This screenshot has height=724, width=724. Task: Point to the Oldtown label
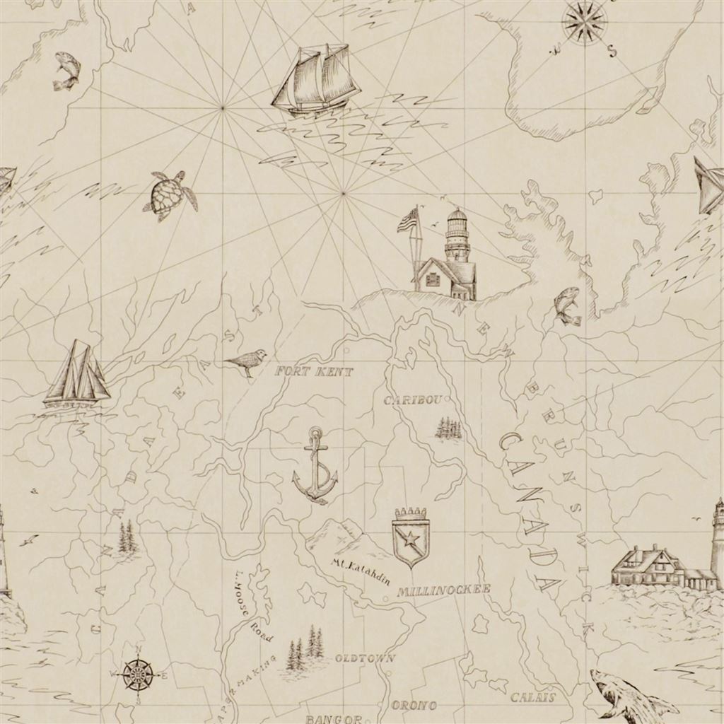[x=364, y=658]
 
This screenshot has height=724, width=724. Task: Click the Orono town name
[x=414, y=705]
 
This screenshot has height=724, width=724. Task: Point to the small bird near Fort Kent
[x=247, y=361]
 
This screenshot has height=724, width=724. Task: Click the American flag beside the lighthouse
[x=408, y=220]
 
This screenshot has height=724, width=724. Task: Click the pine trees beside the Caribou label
[x=448, y=428]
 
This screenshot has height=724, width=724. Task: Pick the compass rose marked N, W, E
[x=137, y=673]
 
